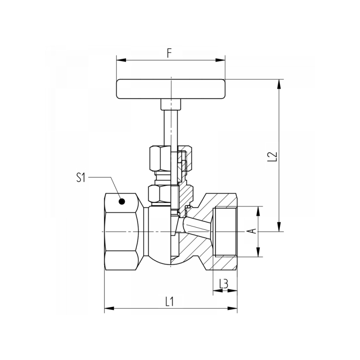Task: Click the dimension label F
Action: tap(170, 53)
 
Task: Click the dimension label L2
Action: tap(272, 156)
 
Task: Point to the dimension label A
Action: tap(252, 231)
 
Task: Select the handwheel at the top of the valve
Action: tap(171, 89)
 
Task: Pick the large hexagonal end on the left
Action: tap(121, 231)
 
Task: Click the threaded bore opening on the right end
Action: tap(226, 231)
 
